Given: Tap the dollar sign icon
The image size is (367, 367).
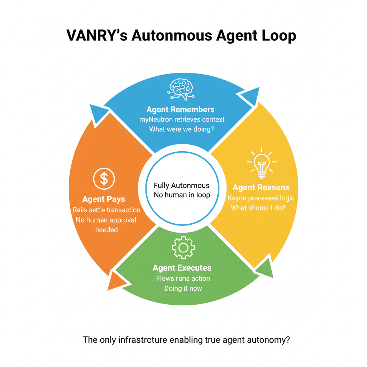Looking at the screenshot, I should tap(104, 178).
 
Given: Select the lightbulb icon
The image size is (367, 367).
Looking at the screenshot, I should tap(262, 163).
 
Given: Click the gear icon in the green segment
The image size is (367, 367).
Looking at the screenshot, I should tap(183, 247).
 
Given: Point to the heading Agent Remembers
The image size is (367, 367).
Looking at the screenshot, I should tap(181, 109).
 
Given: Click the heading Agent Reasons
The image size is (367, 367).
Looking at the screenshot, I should tap(261, 187).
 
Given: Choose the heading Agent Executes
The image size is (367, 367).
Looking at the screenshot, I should tap(182, 268).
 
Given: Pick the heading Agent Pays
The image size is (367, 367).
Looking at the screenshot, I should tap(104, 199).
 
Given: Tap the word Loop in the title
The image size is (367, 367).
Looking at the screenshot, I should tap(278, 37).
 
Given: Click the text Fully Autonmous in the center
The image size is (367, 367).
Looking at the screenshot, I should tap(182, 186).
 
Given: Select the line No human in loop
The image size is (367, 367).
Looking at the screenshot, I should tap(182, 195).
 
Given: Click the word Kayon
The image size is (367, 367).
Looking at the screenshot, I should tap(238, 198).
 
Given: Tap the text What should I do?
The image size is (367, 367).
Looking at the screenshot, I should tap(258, 208).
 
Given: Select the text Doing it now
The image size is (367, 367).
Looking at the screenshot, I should tap(183, 288).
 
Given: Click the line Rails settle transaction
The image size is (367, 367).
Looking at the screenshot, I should tap(106, 210).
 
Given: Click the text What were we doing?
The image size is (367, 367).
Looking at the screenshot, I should tap(181, 129).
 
